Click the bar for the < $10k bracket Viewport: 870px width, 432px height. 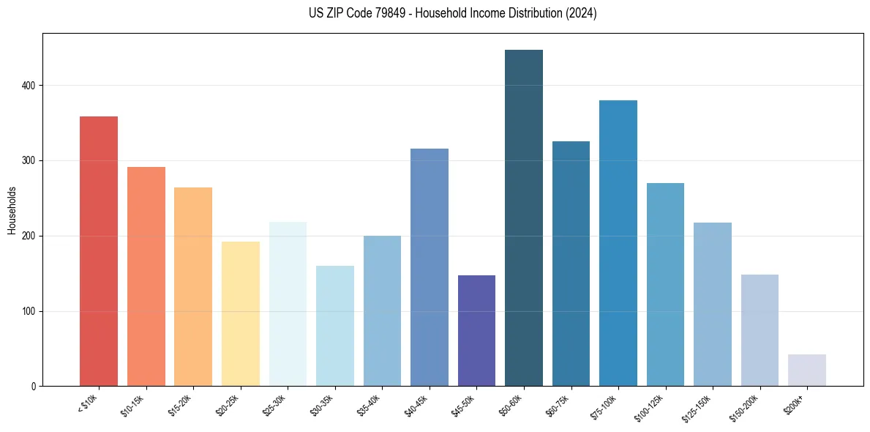point(99,251)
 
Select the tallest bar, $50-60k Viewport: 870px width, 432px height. point(524,218)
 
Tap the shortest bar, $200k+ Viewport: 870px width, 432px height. point(807,370)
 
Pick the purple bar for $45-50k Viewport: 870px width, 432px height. point(476,331)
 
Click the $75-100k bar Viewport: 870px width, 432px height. point(618,243)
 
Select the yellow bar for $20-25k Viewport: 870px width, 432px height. point(240,314)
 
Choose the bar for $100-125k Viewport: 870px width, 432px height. point(665,285)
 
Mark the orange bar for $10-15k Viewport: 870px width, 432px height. point(146,277)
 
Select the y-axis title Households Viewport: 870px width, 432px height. point(12,210)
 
